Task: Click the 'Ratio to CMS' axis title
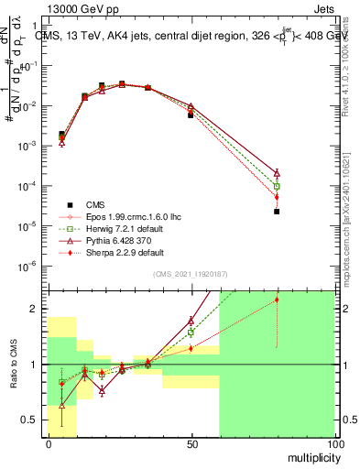click(13, 365)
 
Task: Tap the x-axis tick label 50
click(191, 443)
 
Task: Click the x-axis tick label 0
click(49, 443)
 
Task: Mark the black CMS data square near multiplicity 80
click(277, 212)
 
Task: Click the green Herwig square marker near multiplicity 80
click(277, 186)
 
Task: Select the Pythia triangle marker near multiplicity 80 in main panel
click(277, 172)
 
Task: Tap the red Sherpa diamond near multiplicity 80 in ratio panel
click(277, 300)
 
